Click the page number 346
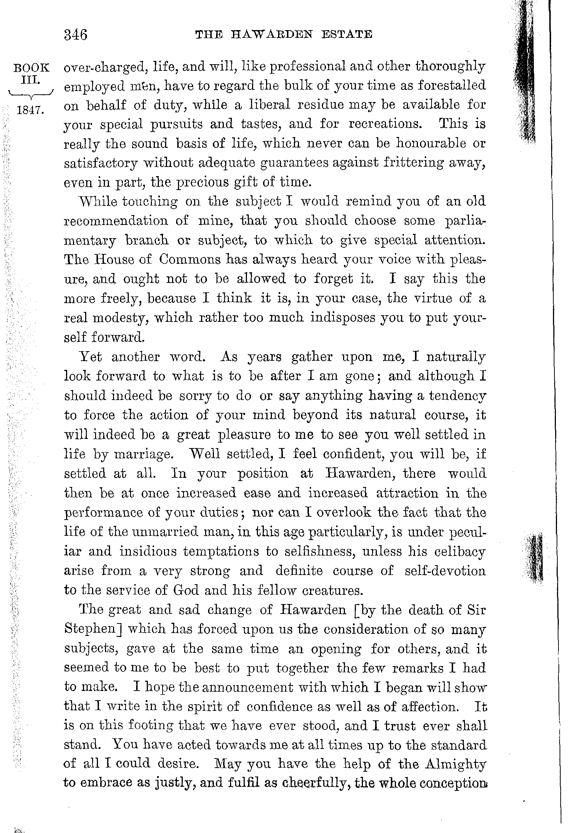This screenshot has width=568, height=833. pyautogui.click(x=76, y=35)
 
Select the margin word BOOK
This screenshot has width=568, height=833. pyautogui.click(x=31, y=68)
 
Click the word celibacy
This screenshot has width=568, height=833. pyautogui.click(x=460, y=552)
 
